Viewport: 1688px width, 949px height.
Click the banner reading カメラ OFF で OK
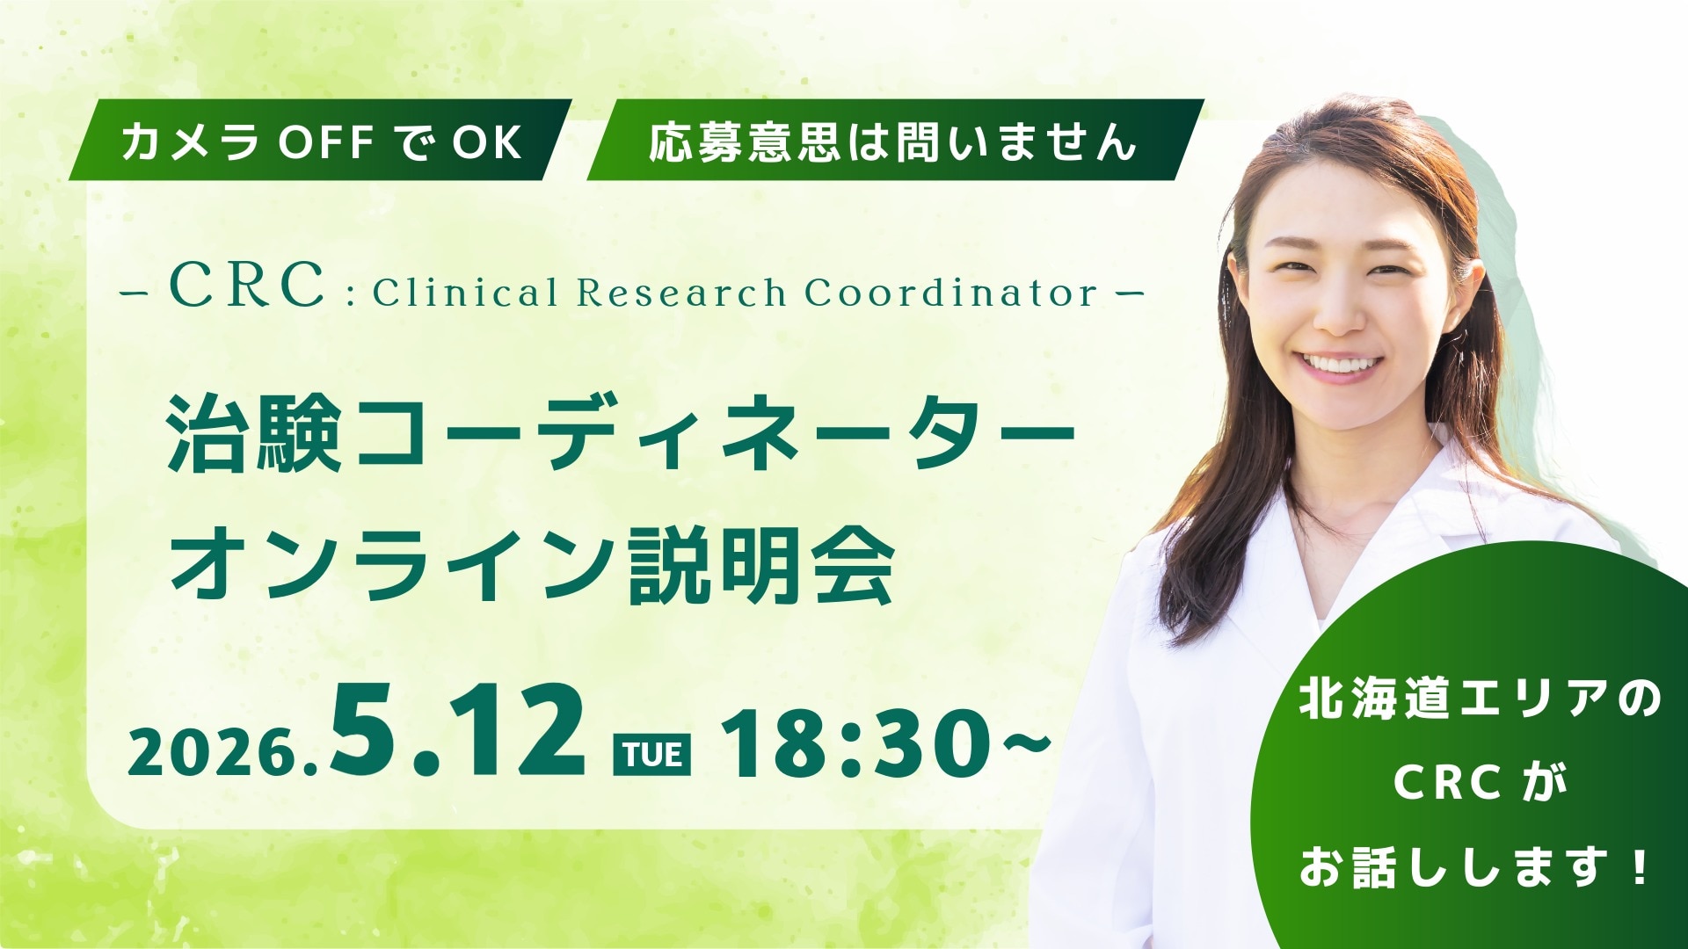[x=320, y=141]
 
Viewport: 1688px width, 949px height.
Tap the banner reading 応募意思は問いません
[x=894, y=141]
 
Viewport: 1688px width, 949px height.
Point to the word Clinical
[x=466, y=292]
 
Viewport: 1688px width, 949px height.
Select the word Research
[x=681, y=292]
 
